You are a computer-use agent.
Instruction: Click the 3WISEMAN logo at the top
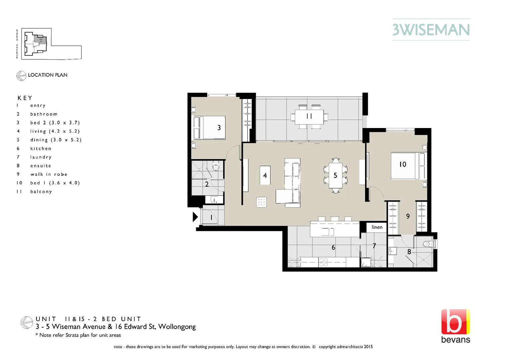click(x=431, y=30)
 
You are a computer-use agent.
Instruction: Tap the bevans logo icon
click(x=455, y=322)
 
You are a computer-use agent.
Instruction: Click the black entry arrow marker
click(x=195, y=217)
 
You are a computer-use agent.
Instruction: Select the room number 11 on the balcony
click(x=309, y=116)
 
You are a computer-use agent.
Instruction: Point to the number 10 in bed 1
click(x=403, y=164)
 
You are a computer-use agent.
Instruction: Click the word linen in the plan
click(x=377, y=227)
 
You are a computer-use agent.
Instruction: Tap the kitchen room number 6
click(x=333, y=247)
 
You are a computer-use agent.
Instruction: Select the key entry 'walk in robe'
click(x=49, y=174)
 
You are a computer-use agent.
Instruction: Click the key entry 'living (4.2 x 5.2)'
click(x=55, y=131)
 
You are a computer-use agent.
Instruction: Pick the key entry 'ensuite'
click(x=41, y=166)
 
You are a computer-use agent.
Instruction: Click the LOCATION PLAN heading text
click(x=48, y=75)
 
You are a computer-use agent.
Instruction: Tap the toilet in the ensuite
click(x=427, y=244)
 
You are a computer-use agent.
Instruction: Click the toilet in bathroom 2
click(x=216, y=166)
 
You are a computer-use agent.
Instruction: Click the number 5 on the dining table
click(x=335, y=175)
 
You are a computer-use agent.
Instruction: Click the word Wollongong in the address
click(x=177, y=327)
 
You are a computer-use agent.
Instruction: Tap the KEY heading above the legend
click(x=25, y=98)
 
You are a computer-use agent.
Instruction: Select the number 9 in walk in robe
click(x=408, y=217)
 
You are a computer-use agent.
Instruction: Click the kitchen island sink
click(x=327, y=231)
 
